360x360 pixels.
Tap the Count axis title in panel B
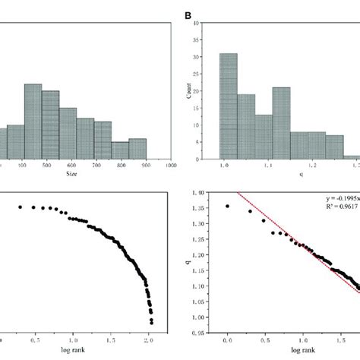click(x=197, y=89)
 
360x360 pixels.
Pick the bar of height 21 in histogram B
click(x=282, y=120)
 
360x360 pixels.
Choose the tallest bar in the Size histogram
click(x=33, y=119)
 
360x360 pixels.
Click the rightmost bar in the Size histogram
click(x=137, y=147)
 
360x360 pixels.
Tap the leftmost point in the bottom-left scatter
click(x=21, y=207)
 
